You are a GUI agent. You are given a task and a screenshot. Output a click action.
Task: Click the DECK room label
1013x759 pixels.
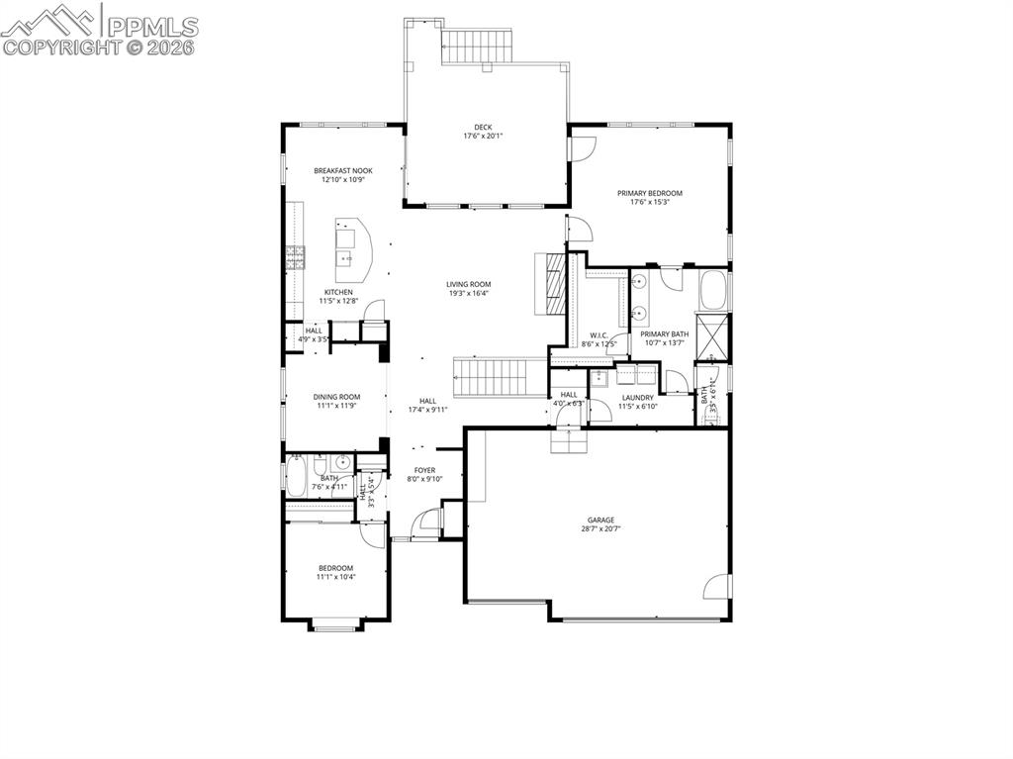coord(483,127)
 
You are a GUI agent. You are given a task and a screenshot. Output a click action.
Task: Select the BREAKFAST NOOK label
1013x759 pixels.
coord(343,170)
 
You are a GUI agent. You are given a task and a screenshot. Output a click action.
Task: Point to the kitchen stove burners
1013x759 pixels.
coord(295,257)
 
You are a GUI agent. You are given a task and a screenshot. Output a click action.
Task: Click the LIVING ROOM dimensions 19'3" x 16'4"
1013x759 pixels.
coord(468,293)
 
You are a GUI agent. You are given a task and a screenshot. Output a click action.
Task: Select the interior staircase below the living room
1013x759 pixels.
coord(500,376)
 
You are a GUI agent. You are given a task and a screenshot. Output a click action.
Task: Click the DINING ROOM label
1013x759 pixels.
coord(336,396)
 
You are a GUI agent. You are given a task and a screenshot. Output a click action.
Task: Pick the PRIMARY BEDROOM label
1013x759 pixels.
coord(650,193)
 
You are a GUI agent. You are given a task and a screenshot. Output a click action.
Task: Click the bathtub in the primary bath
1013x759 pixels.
coord(713,291)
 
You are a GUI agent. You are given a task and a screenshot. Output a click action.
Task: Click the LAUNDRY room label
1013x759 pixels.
coord(638,397)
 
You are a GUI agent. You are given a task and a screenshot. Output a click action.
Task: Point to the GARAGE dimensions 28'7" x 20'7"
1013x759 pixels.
coord(600,528)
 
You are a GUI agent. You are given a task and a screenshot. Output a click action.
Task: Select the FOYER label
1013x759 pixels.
coord(424,470)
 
